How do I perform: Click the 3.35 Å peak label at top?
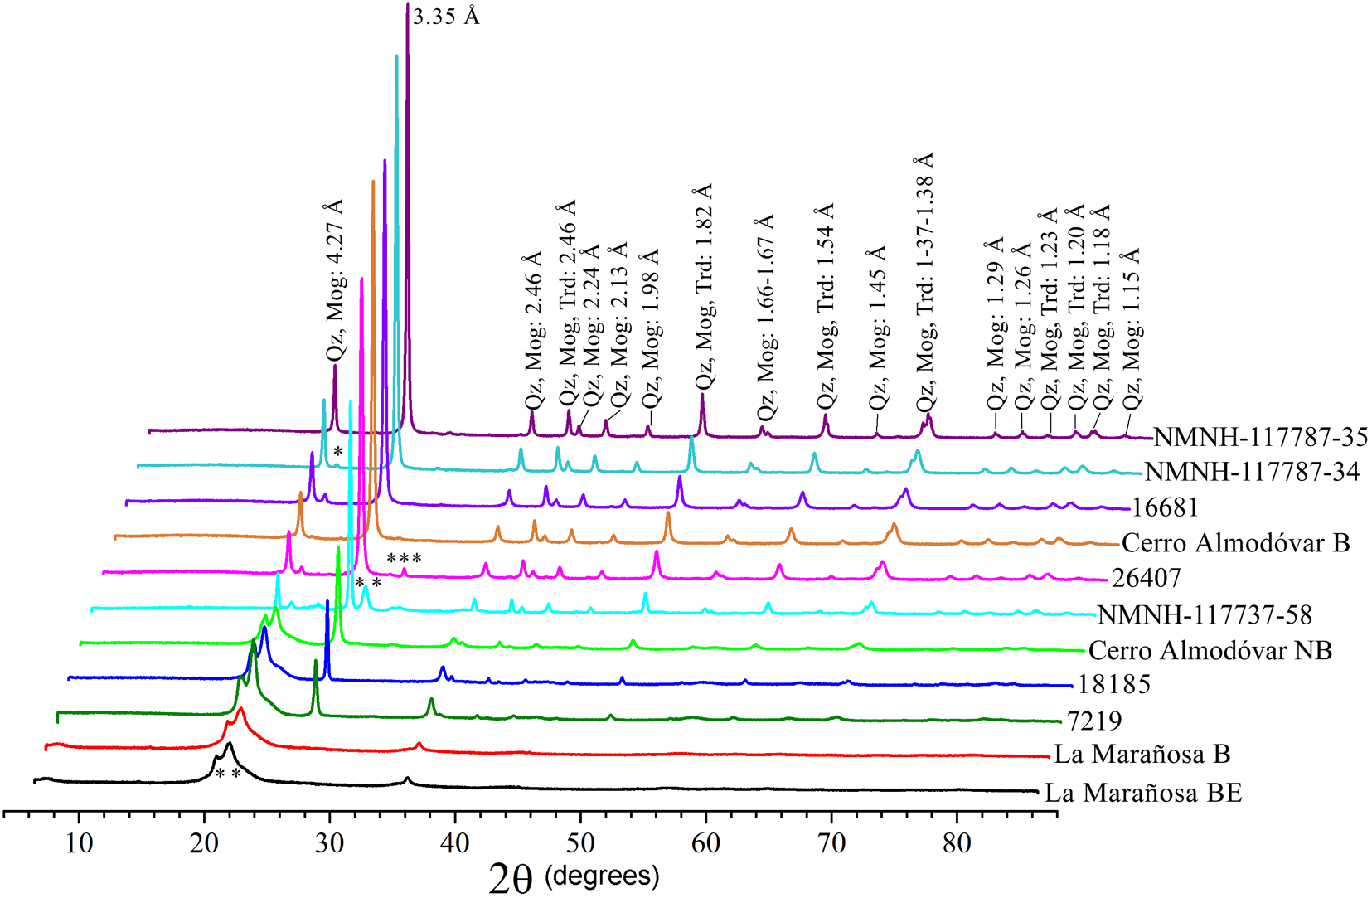pos(446,17)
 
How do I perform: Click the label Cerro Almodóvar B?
pos(1235,543)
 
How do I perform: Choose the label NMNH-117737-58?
pos(1205,614)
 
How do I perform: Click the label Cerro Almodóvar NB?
pos(1210,650)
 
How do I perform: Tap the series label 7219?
pos(1093,721)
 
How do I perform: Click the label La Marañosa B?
pos(1142,754)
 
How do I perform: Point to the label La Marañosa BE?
pos(1143,793)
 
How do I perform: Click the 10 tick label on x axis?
pos(79,843)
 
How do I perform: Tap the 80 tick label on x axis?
pos(957,843)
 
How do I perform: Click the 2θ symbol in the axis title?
pos(510,878)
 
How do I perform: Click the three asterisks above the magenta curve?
pos(404,559)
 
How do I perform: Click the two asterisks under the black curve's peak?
pos(227,774)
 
